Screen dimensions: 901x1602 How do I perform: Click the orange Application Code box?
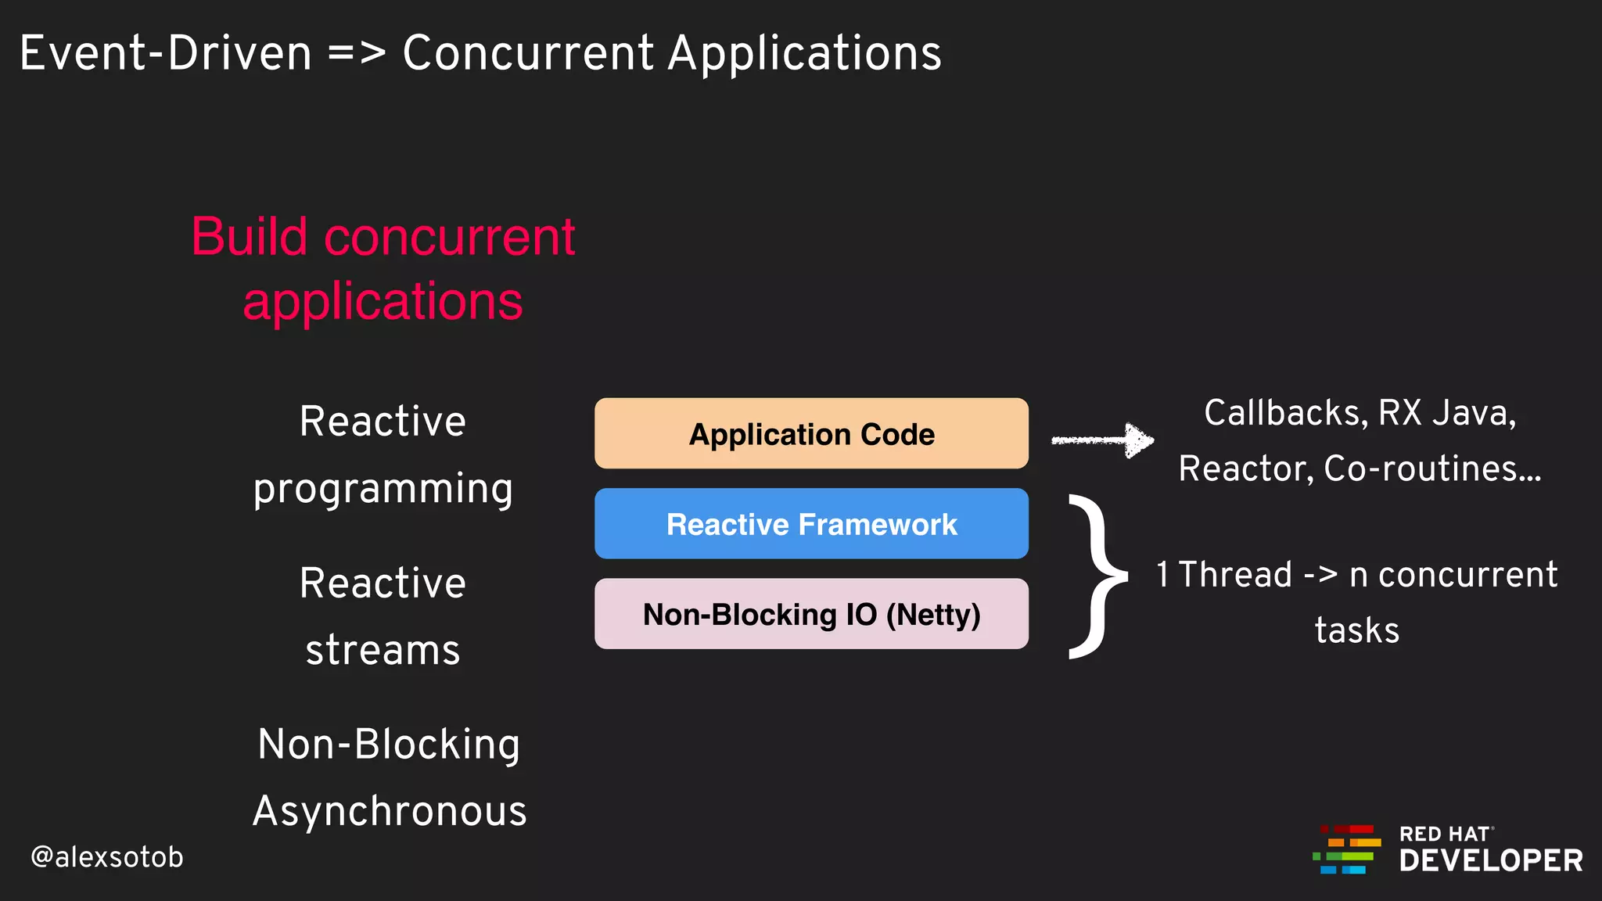pyautogui.click(x=811, y=433)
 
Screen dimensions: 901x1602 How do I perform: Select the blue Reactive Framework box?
pyautogui.click(x=811, y=523)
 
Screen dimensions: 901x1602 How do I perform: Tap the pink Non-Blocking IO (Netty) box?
pyautogui.click(x=811, y=614)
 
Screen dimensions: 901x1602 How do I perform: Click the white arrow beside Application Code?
pyautogui.click(x=1103, y=440)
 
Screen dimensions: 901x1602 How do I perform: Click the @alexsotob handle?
pyautogui.click(x=107, y=857)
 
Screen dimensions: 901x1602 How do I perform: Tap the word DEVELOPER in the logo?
pyautogui.click(x=1491, y=860)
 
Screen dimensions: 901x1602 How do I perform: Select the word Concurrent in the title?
pyautogui.click(x=528, y=53)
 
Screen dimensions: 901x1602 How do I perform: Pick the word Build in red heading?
pyautogui.click(x=250, y=236)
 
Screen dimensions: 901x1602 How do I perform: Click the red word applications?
pyautogui.click(x=383, y=302)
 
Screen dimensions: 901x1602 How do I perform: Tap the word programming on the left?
pyautogui.click(x=383, y=490)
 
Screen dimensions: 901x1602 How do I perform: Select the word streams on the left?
pyautogui.click(x=383, y=651)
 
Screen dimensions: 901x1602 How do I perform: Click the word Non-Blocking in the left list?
pyautogui.click(x=389, y=744)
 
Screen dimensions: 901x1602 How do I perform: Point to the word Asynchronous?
pyautogui.click(x=390, y=811)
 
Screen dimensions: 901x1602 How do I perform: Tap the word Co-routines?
pyautogui.click(x=1431, y=469)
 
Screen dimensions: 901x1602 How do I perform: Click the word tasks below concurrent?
pyautogui.click(x=1357, y=630)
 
